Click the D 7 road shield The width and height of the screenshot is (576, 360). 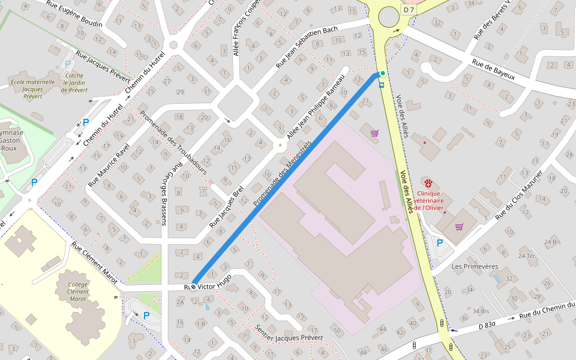pos(409,10)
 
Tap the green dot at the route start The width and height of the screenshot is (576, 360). pos(382,73)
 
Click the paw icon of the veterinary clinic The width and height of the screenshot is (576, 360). pos(428,183)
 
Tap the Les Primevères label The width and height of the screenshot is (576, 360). pos(475,266)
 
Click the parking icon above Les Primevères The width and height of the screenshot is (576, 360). pos(440,243)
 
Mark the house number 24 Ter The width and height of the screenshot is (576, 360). pos(528,256)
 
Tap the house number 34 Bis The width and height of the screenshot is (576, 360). pos(481,311)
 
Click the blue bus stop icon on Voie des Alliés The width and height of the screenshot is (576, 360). pos(382,85)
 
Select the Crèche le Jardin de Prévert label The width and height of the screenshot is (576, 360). pos(74,83)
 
